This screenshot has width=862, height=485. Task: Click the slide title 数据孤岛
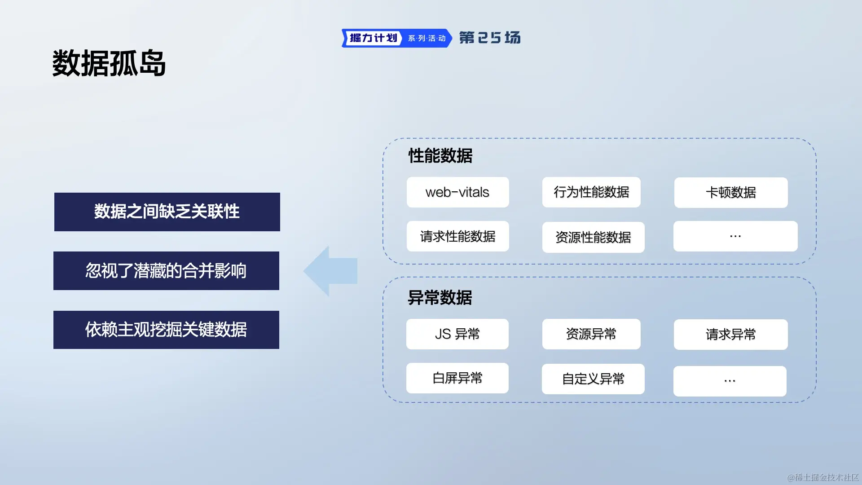click(x=109, y=63)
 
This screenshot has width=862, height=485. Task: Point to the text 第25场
click(x=490, y=38)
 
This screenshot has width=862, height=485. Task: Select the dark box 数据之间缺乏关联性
click(x=167, y=212)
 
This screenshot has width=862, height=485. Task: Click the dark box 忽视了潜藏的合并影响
click(x=166, y=271)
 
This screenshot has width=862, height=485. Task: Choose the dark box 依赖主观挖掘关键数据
click(x=166, y=330)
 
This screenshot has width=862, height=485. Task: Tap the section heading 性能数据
click(x=440, y=156)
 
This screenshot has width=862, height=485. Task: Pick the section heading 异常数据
click(x=440, y=298)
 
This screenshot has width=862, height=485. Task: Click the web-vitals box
click(x=457, y=192)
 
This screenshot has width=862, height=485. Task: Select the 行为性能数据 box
click(x=591, y=192)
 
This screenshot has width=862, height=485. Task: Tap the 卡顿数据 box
click(x=730, y=193)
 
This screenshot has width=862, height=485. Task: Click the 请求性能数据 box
click(x=457, y=236)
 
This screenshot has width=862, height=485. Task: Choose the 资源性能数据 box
click(x=593, y=237)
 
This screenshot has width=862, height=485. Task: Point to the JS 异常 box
click(x=457, y=334)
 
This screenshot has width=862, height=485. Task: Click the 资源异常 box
click(x=591, y=334)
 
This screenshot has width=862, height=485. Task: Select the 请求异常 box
click(x=730, y=335)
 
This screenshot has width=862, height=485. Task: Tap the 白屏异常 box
click(x=457, y=378)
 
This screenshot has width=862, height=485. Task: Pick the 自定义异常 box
click(x=593, y=379)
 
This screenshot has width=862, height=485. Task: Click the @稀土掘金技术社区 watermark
click(x=822, y=477)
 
